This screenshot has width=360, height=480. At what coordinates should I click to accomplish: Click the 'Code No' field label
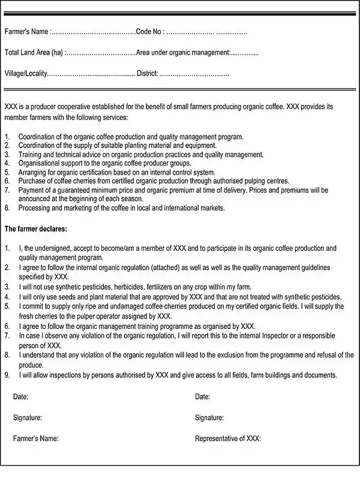[x=149, y=32]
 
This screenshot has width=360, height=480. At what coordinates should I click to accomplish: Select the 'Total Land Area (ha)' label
[x=34, y=53]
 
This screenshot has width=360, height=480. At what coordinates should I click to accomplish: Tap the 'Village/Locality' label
[x=25, y=74]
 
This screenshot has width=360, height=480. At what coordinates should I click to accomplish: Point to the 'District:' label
[x=147, y=74]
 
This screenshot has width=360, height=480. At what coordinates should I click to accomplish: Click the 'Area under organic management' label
[x=183, y=53]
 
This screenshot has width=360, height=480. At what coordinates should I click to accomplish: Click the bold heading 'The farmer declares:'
[x=36, y=229]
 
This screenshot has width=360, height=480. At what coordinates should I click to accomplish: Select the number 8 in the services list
[x=7, y=208]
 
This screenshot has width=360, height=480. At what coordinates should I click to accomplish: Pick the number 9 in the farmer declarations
[x=7, y=376]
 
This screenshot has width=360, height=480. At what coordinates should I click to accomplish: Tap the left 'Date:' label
[x=20, y=397]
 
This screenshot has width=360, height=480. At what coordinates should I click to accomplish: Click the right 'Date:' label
[x=203, y=397]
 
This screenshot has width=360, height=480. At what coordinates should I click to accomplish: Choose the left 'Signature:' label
[x=28, y=418]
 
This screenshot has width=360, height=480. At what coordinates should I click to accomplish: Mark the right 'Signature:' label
[x=209, y=418]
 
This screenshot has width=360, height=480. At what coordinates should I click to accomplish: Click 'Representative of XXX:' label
[x=228, y=439]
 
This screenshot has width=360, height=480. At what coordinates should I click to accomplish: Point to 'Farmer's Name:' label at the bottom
[x=36, y=439]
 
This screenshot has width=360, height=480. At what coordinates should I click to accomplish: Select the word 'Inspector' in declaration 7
[x=280, y=336]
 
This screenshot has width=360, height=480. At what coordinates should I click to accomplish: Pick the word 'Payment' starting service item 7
[x=31, y=190]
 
